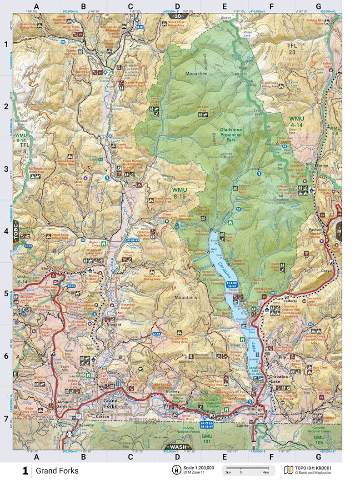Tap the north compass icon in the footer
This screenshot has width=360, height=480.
[x=175, y=470]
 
